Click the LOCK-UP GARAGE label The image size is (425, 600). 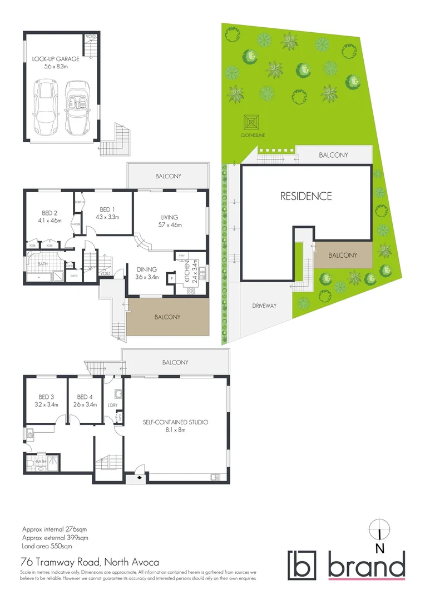(x=56, y=58)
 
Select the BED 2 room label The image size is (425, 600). (x=50, y=213)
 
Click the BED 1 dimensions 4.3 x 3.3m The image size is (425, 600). (x=105, y=217)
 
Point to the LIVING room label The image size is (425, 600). (x=170, y=217)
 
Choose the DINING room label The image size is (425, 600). (x=147, y=269)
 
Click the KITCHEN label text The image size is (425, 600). (x=188, y=272)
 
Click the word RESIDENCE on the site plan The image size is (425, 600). (x=305, y=196)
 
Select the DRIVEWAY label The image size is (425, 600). (x=264, y=306)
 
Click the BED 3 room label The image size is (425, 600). (x=46, y=397)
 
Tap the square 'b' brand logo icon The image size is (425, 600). (x=302, y=564)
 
